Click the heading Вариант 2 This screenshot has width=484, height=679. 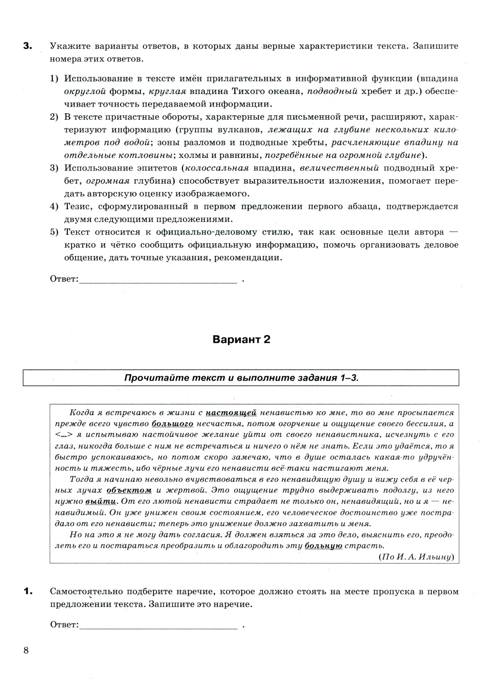tap(242, 339)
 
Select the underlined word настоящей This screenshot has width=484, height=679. tap(231, 413)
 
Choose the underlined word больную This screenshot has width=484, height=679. tap(323, 546)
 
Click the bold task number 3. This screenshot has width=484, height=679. tap(27, 47)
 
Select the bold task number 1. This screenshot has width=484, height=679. tap(27, 591)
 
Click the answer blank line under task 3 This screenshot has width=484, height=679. tap(158, 280)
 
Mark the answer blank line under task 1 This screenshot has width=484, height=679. tap(158, 625)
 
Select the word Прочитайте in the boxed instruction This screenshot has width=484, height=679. tap(149, 378)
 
